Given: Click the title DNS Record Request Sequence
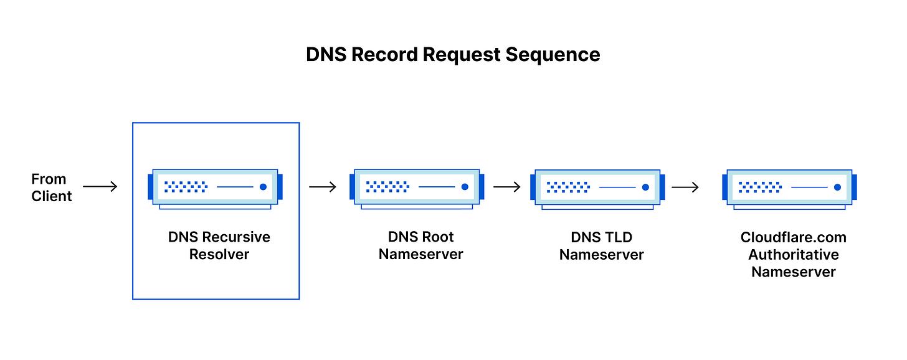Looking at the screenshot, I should click(x=453, y=54).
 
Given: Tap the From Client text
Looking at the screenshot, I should click(x=52, y=187).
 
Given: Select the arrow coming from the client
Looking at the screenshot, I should click(x=100, y=186).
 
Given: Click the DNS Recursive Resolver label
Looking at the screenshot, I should click(x=219, y=245).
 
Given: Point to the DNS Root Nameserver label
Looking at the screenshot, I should click(x=421, y=245).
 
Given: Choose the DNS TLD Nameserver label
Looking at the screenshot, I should click(x=601, y=245).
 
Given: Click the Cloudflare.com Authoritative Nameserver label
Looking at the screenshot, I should click(x=793, y=254).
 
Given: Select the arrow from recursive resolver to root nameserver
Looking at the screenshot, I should click(x=323, y=186).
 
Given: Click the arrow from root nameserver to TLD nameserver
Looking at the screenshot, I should click(x=506, y=186).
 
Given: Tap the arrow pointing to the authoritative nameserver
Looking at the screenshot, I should click(x=685, y=187).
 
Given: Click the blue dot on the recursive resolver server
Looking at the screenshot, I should click(x=263, y=186).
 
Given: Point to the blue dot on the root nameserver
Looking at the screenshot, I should click(x=464, y=186).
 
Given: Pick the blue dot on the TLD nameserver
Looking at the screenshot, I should click(x=645, y=187).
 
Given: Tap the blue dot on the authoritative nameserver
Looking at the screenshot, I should click(x=837, y=187).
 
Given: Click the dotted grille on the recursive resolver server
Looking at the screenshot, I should click(x=186, y=186).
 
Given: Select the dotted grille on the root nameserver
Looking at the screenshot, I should click(x=387, y=186).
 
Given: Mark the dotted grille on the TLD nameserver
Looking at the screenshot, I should click(x=568, y=187).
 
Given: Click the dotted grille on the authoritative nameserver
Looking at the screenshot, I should click(x=760, y=187).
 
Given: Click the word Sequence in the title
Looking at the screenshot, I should click(x=553, y=54).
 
